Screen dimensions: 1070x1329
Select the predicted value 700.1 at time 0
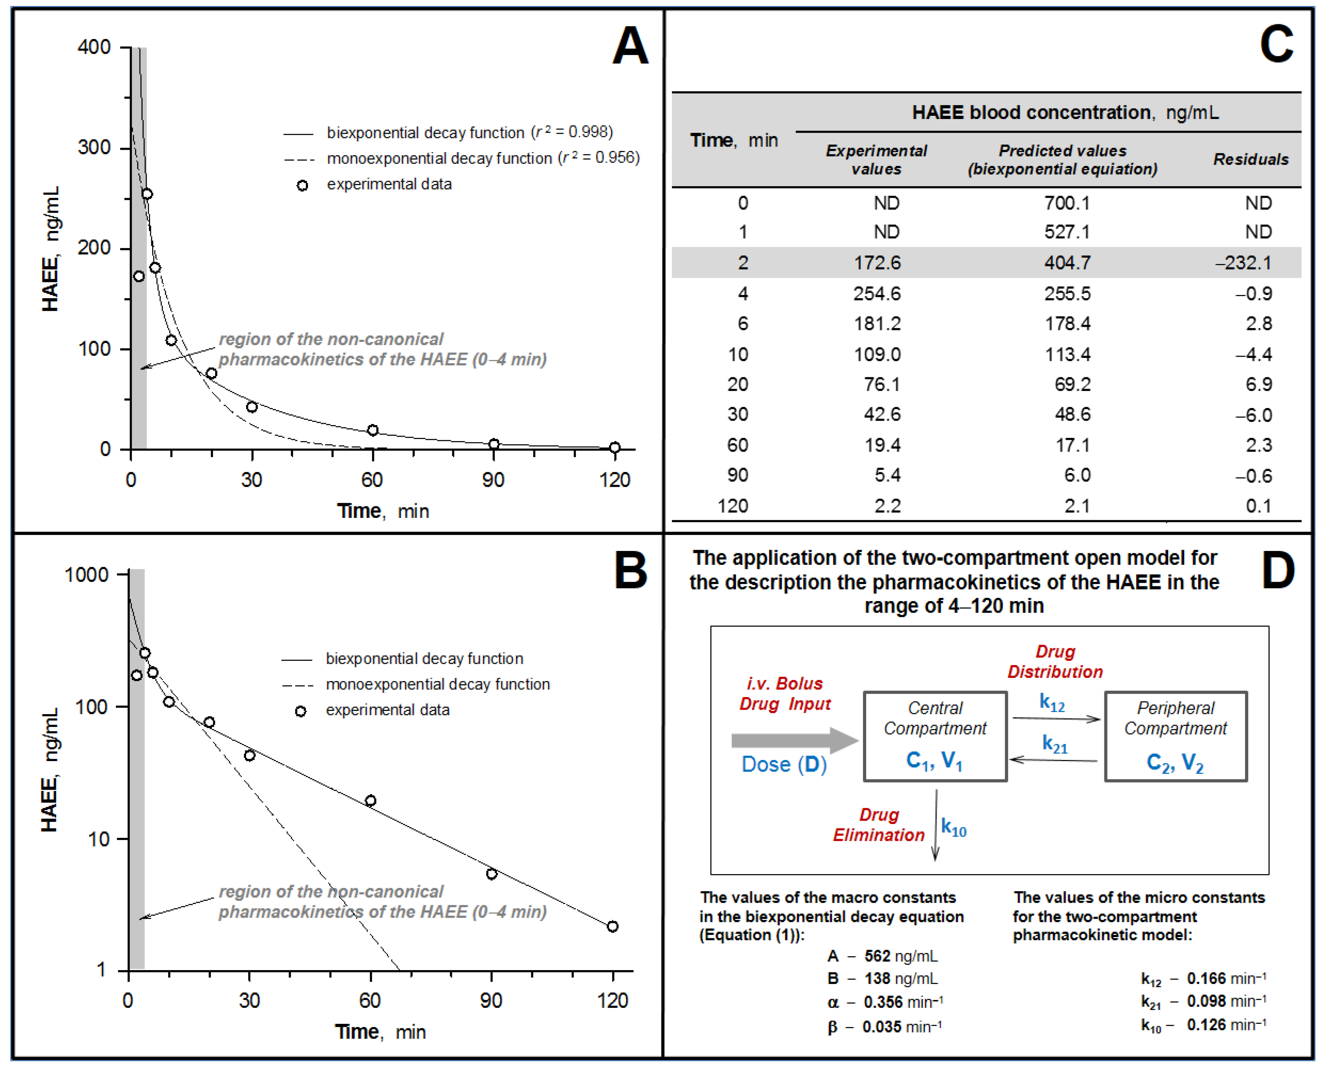tap(1067, 203)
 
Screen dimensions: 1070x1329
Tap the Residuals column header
tap(1250, 160)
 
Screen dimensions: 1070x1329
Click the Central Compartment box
tap(935, 736)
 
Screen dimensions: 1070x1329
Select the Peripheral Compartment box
tap(1175, 736)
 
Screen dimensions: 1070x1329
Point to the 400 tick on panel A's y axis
tap(94, 47)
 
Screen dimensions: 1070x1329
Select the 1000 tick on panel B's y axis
tap(87, 574)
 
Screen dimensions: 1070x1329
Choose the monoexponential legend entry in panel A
tap(461, 159)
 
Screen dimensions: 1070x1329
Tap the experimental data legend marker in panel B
tap(300, 711)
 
